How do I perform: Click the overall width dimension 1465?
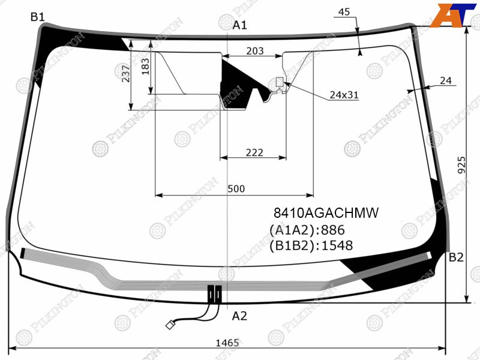point(227,343)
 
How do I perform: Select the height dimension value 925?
point(461,165)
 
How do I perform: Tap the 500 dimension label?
point(236,188)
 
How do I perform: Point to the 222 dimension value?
point(254,152)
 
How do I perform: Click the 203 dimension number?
point(255,50)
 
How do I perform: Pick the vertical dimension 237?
point(126,73)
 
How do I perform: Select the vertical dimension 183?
point(145,67)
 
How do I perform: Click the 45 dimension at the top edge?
point(344,11)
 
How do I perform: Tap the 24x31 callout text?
point(344,95)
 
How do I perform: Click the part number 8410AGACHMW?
point(326,212)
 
